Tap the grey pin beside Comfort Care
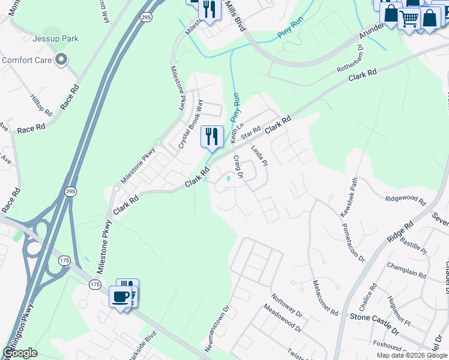click(x=61, y=59)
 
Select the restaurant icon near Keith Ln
click(x=211, y=137)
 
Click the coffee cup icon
click(x=120, y=296)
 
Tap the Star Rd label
click(x=250, y=133)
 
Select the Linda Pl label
click(x=258, y=157)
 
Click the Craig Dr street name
click(x=238, y=167)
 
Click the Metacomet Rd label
click(x=325, y=297)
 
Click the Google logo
click(x=20, y=353)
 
